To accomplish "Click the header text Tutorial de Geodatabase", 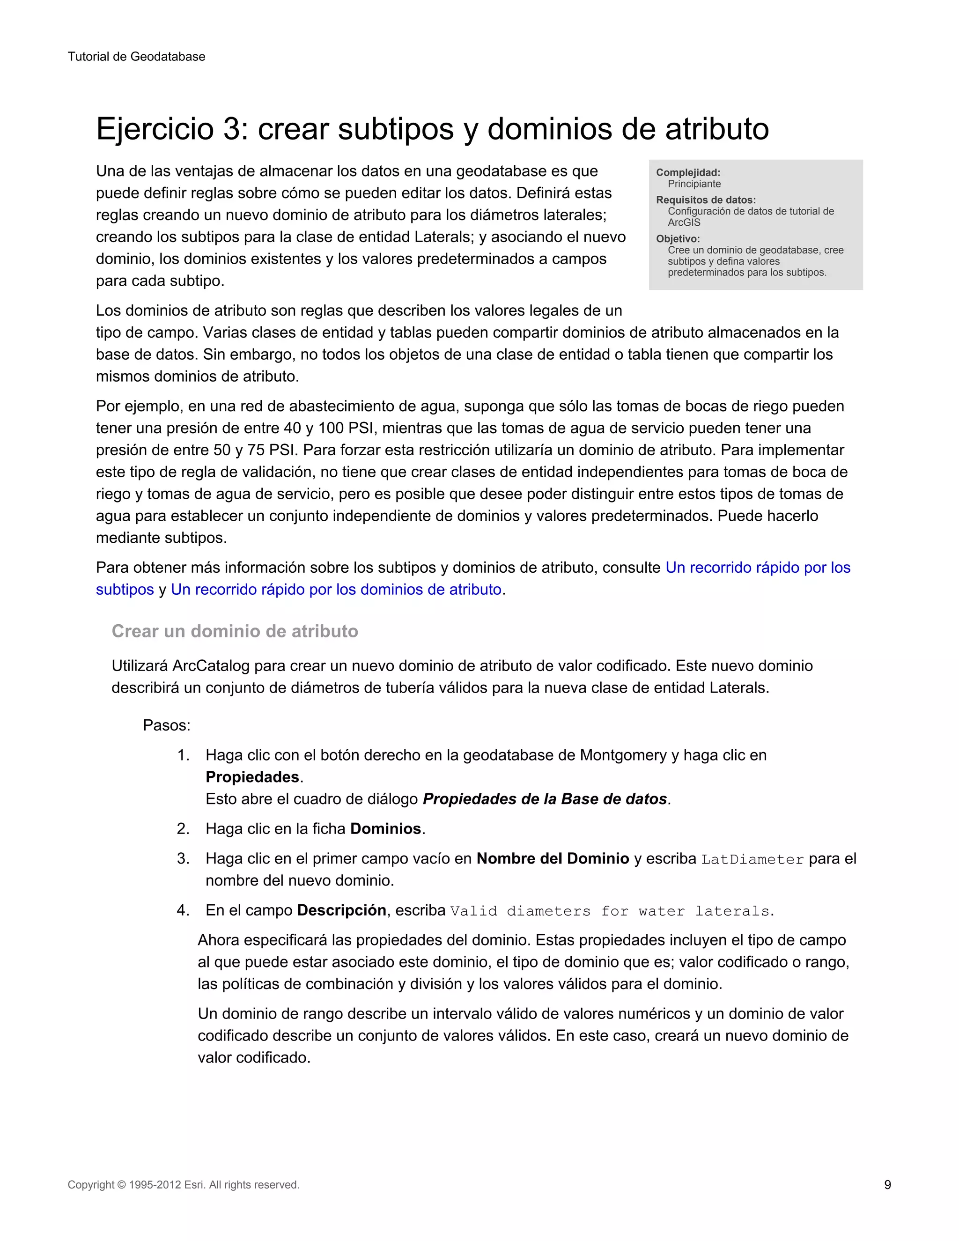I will [136, 57].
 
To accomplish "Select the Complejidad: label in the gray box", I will [688, 172].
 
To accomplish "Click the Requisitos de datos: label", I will [706, 200].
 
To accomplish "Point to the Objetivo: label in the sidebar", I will [678, 239].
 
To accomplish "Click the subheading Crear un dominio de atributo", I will [235, 631].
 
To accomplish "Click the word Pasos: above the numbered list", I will [166, 725].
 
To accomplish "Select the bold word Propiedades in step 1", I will [252, 777].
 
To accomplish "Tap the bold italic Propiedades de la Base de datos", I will [544, 799].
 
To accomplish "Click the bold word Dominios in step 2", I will [385, 829].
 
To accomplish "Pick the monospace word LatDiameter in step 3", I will [752, 860].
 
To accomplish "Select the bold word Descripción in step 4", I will [341, 910].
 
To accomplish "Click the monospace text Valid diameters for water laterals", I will [610, 911].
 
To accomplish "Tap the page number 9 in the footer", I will [887, 1185].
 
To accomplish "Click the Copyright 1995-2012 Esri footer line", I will [184, 1185].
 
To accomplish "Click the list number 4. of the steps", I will [183, 910].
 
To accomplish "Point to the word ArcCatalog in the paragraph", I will [210, 666].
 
